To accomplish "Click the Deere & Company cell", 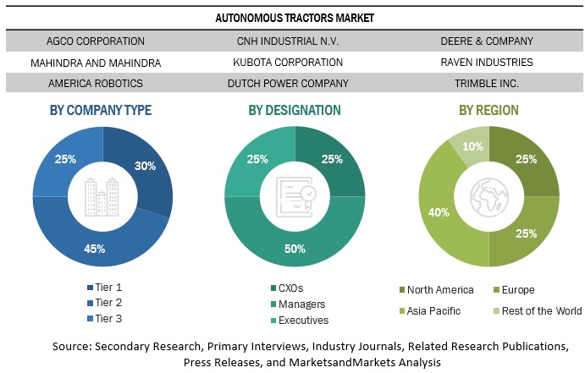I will (486, 41).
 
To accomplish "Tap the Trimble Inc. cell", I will (486, 83).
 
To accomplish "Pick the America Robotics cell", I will (96, 83).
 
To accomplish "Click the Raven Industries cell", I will (486, 62).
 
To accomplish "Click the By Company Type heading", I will (101, 110).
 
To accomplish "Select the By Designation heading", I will (295, 110).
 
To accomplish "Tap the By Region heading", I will (490, 110).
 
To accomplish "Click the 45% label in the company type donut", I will (94, 248).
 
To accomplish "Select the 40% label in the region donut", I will (440, 211).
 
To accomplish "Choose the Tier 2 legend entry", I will (108, 303).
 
